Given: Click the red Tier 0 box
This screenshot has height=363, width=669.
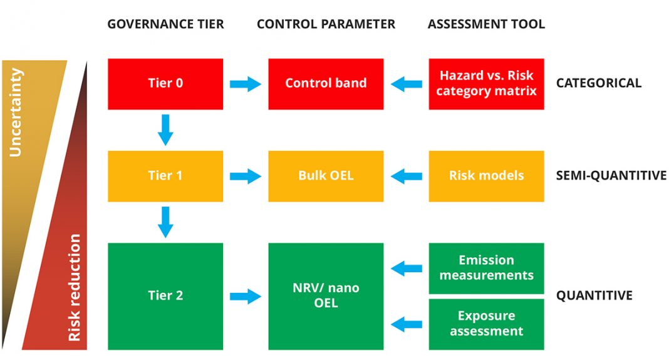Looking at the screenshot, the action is coord(165,84).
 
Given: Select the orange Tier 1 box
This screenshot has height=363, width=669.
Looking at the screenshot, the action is coord(165,176).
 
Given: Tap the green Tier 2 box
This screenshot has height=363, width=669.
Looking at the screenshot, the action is coord(165,296).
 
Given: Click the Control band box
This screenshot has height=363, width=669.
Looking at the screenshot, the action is coord(326,84).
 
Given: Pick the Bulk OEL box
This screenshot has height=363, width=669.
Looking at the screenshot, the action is coord(326,176).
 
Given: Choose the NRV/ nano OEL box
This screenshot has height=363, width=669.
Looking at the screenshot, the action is coord(326,296).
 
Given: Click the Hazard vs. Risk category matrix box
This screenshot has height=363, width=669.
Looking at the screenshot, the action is coord(486,84).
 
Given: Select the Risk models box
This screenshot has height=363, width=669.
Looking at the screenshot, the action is coord(486,176).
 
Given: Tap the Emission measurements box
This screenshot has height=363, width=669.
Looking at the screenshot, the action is coord(486,268).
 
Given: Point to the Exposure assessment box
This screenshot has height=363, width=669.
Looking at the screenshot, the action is coord(486,324).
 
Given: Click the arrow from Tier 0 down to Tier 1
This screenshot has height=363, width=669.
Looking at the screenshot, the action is coord(165,130).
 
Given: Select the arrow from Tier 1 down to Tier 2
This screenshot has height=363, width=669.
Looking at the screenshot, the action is coord(165,222).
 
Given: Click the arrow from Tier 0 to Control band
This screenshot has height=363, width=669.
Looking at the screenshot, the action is coord(246,84).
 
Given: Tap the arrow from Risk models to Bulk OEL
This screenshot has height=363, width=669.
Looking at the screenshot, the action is coord(406,176).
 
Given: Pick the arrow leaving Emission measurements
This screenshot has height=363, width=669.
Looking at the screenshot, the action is coord(406,268).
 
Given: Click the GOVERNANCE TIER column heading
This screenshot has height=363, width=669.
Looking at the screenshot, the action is coord(165,24).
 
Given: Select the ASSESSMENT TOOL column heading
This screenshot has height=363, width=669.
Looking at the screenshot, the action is coord(486,24).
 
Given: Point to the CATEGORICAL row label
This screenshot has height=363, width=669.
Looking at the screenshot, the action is coord(599,83).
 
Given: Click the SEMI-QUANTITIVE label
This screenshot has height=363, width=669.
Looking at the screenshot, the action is coord(611,175).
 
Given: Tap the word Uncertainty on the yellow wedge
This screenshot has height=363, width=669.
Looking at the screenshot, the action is coord(16,113).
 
